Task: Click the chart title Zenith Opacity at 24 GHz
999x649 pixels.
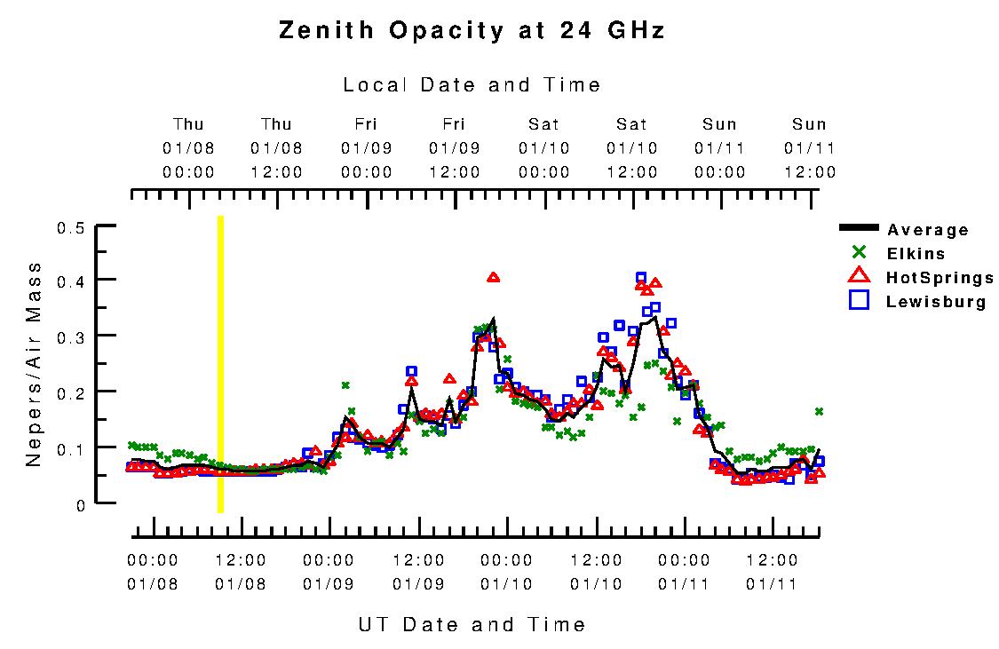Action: tap(472, 31)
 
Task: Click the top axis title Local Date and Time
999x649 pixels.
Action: tap(472, 85)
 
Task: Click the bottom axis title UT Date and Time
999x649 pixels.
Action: tap(472, 624)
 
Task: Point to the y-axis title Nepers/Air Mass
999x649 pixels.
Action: tap(34, 364)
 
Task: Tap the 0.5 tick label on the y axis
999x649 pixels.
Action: tap(70, 228)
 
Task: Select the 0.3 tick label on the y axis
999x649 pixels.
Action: tap(70, 337)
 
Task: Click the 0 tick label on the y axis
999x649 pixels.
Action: tap(81, 504)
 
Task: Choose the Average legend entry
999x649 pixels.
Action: tap(928, 230)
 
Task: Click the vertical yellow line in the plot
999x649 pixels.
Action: tap(220, 364)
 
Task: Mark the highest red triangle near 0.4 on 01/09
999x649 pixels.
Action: tap(494, 278)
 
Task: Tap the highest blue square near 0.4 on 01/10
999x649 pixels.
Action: tap(641, 278)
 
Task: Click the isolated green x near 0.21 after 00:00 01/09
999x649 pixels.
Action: tap(345, 385)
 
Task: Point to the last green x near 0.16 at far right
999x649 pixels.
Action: tap(819, 411)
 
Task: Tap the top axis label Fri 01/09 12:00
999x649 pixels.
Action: tap(454, 148)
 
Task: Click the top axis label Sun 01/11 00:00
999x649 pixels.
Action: tap(720, 148)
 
